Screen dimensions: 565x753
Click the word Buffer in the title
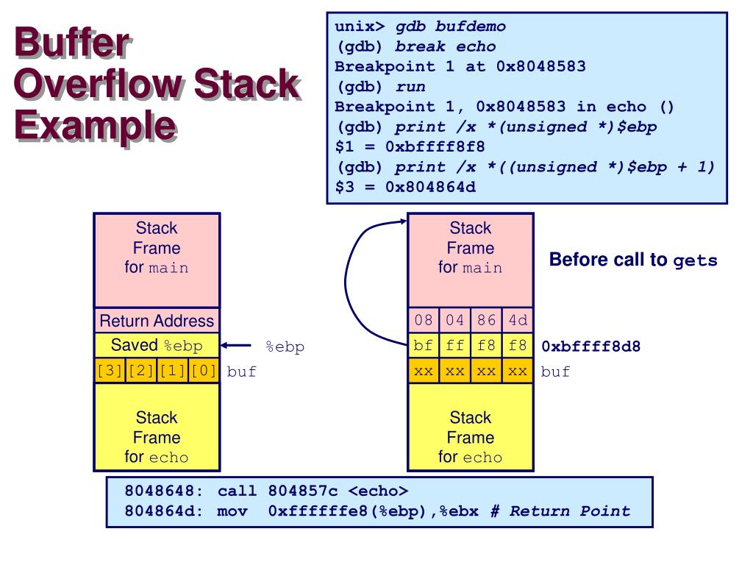click(x=71, y=46)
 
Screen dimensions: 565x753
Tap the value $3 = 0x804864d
click(x=405, y=187)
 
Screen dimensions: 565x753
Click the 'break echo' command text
click(x=446, y=46)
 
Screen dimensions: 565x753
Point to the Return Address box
click(x=157, y=321)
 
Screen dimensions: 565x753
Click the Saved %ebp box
click(x=157, y=345)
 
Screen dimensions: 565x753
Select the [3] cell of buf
click(x=110, y=371)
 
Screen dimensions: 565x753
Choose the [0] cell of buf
click(x=204, y=371)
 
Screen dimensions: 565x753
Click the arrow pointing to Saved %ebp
click(x=237, y=346)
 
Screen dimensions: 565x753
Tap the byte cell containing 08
click(x=424, y=321)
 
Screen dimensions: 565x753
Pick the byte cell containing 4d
click(x=518, y=321)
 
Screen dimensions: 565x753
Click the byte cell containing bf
click(x=424, y=346)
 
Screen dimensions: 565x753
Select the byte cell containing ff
click(x=455, y=346)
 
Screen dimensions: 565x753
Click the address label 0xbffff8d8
click(x=591, y=346)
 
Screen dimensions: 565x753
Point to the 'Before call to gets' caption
click(x=633, y=260)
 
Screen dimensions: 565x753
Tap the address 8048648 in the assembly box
click(x=157, y=491)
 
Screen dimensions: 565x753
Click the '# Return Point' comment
click(x=560, y=511)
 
